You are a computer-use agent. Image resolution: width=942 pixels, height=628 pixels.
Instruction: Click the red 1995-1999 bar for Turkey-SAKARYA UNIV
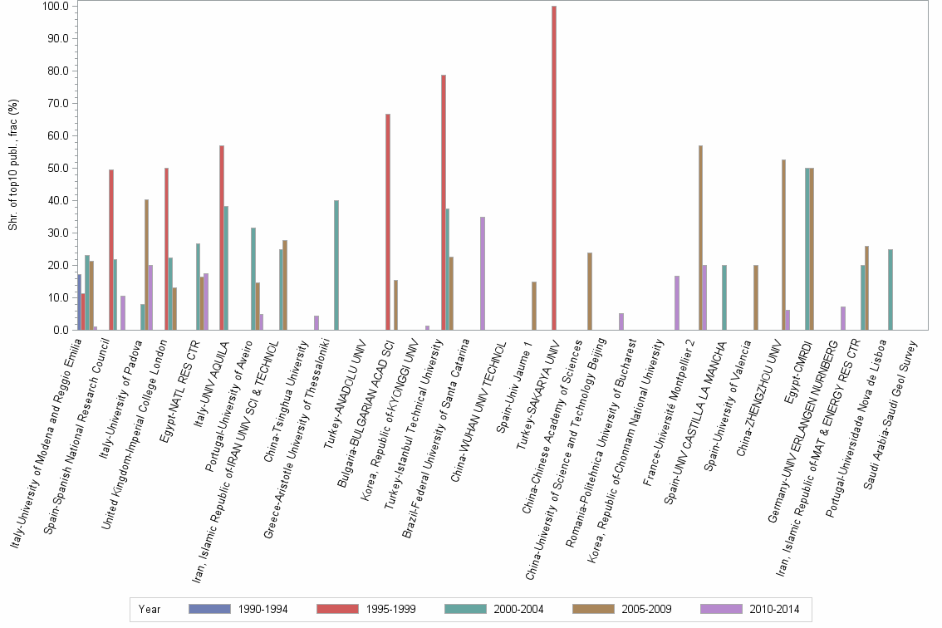[554, 168]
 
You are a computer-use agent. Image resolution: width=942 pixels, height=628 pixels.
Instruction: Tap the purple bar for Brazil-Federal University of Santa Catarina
[483, 273]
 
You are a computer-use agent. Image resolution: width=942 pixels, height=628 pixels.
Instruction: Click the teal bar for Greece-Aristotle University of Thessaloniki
[336, 265]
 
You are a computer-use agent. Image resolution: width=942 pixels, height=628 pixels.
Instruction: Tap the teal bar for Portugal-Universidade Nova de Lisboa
[890, 290]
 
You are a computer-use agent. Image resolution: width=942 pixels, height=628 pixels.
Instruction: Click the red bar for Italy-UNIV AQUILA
[222, 238]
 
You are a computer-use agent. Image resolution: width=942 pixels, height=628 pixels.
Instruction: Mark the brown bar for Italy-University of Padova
[146, 265]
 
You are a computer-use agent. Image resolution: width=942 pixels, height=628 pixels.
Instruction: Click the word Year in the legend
[150, 609]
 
